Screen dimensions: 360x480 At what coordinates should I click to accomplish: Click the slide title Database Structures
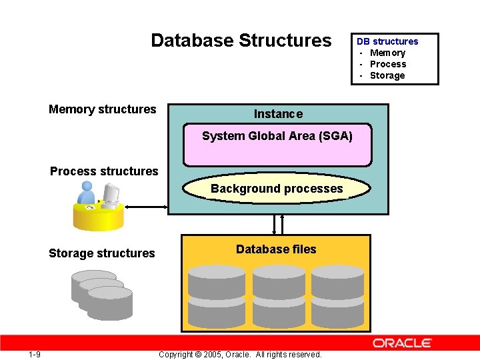click(x=241, y=41)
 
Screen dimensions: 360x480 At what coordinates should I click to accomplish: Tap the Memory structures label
click(x=102, y=109)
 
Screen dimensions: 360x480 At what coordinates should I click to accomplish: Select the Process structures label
click(x=104, y=171)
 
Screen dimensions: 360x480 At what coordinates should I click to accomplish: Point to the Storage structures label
click(x=101, y=253)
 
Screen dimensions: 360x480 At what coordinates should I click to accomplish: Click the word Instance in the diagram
click(x=278, y=114)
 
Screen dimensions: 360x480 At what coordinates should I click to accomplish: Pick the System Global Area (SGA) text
click(x=277, y=136)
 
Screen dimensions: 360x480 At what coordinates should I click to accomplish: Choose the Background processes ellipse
click(x=277, y=189)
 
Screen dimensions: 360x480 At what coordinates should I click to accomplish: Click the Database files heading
click(x=276, y=249)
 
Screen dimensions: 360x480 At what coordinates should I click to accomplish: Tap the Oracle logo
click(x=402, y=343)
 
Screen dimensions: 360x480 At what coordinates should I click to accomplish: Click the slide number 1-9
click(x=35, y=354)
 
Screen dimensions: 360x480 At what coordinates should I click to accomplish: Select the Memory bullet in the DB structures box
click(x=387, y=53)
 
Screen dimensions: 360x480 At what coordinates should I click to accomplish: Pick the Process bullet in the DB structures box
click(x=388, y=64)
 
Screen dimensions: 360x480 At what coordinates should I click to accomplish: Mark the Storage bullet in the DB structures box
click(x=387, y=75)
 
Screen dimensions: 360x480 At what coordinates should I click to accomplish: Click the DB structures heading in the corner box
click(x=387, y=41)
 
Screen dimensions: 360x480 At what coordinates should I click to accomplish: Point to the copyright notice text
click(x=240, y=355)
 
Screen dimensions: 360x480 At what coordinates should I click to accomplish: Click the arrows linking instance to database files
click(x=278, y=225)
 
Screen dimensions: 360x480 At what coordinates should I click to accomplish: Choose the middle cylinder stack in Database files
click(x=279, y=294)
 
